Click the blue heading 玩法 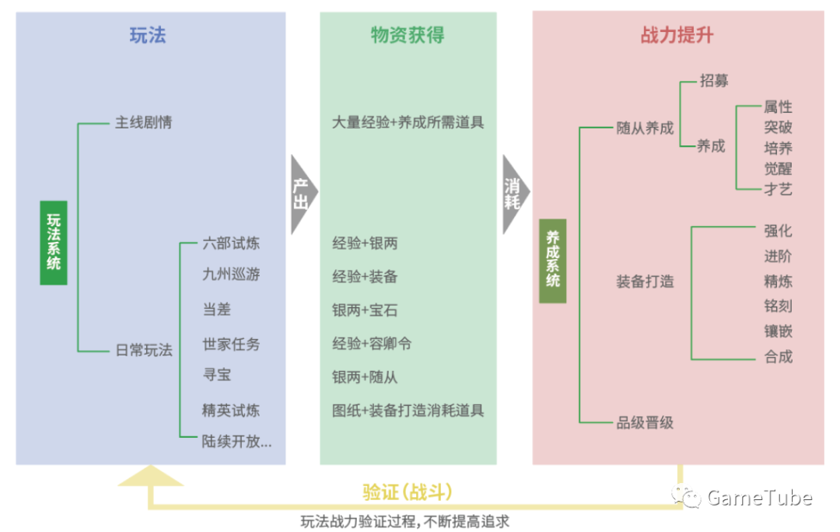pyautogui.click(x=148, y=35)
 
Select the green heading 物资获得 pyautogui.click(x=408, y=35)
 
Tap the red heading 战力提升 pyautogui.click(x=677, y=35)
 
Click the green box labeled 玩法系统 pyautogui.click(x=53, y=242)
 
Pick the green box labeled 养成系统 pyautogui.click(x=552, y=261)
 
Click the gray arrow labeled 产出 pyautogui.click(x=303, y=194)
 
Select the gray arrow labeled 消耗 pyautogui.click(x=513, y=194)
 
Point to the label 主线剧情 pyautogui.click(x=144, y=123)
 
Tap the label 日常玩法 pyautogui.click(x=144, y=350)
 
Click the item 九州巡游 pyautogui.click(x=231, y=275)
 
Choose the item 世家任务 pyautogui.click(x=231, y=344)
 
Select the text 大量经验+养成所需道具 pyautogui.click(x=408, y=123)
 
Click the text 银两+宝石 pyautogui.click(x=365, y=310)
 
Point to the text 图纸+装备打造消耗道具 pyautogui.click(x=408, y=410)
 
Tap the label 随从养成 pyautogui.click(x=645, y=128)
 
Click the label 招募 pyautogui.click(x=714, y=80)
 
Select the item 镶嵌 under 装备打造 pyautogui.click(x=778, y=331)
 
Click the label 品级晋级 pyautogui.click(x=645, y=422)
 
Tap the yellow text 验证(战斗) pyautogui.click(x=407, y=492)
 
